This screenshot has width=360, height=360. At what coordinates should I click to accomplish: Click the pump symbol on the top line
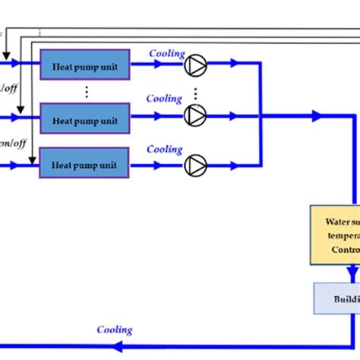195,65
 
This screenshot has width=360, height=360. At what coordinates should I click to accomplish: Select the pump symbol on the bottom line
195,163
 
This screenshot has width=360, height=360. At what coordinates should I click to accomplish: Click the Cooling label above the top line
166,53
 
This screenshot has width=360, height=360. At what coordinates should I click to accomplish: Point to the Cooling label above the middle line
164,99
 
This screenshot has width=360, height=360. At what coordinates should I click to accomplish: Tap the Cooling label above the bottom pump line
164,150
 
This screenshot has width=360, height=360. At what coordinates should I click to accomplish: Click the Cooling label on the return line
115,330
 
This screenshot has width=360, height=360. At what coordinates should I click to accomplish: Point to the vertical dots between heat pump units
87,91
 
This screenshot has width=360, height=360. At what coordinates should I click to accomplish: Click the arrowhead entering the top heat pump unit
30,65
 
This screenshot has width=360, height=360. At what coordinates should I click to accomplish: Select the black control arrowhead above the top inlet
6,55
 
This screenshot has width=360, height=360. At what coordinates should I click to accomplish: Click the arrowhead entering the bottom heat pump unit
30,163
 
